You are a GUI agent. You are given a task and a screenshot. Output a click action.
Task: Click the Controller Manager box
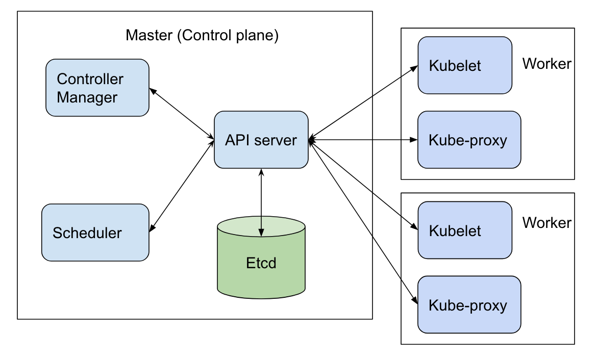97,88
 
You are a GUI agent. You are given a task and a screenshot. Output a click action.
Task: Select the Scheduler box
95,233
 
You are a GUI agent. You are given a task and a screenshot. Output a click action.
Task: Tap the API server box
261,140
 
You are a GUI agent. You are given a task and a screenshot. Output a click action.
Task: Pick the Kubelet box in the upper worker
464,65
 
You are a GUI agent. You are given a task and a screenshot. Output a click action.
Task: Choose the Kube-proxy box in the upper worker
469,140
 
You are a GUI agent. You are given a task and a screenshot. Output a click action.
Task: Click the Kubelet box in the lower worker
464,230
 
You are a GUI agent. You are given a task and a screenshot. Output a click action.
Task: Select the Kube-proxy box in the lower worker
469,305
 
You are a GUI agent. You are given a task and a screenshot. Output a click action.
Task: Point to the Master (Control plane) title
202,36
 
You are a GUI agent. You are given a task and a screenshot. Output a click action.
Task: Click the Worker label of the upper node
547,64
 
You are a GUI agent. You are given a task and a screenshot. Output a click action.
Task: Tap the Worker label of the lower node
547,223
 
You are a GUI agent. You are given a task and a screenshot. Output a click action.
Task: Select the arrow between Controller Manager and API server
181,113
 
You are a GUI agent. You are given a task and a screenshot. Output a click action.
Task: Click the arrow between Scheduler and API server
181,186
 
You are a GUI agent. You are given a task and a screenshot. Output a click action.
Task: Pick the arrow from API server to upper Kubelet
363,102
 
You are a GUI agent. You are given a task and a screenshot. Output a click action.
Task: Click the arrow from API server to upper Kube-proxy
363,139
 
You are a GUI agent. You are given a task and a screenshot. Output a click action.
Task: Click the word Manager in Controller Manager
87,97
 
